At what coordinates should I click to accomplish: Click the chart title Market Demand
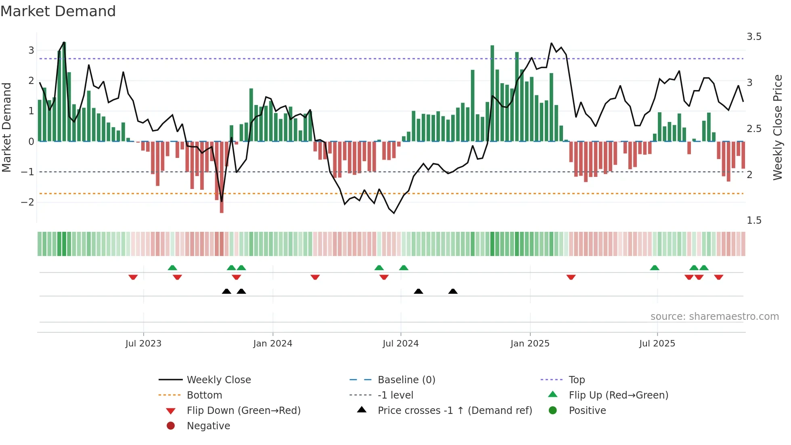pyautogui.click(x=58, y=11)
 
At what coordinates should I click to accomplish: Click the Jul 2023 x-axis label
pyautogui.click(x=143, y=344)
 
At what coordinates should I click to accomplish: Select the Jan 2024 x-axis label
pyautogui.click(x=272, y=344)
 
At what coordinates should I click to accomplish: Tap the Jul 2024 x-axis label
pyautogui.click(x=400, y=344)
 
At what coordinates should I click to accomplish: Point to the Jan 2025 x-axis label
pyautogui.click(x=529, y=344)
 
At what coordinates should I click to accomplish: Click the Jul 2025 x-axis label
pyautogui.click(x=657, y=344)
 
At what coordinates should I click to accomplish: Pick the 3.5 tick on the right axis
pyautogui.click(x=754, y=37)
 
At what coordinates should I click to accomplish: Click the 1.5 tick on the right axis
pyautogui.click(x=754, y=220)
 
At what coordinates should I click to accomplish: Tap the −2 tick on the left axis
pyautogui.click(x=27, y=202)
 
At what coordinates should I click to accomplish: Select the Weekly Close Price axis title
pyautogui.click(x=778, y=127)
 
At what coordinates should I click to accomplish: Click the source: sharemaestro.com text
pyautogui.click(x=714, y=317)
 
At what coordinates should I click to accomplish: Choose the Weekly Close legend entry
pyautogui.click(x=218, y=380)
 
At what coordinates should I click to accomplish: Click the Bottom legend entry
pyautogui.click(x=204, y=395)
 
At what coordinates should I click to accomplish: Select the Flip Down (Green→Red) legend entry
pyautogui.click(x=243, y=411)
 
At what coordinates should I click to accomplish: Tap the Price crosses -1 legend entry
pyautogui.click(x=454, y=411)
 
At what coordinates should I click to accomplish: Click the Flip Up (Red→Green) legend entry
pyautogui.click(x=618, y=395)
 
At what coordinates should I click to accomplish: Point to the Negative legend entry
pyautogui.click(x=208, y=426)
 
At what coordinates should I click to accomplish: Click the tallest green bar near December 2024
pyautogui.click(x=492, y=93)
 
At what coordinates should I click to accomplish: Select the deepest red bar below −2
pyautogui.click(x=222, y=178)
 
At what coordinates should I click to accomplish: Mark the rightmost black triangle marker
pyautogui.click(x=453, y=291)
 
